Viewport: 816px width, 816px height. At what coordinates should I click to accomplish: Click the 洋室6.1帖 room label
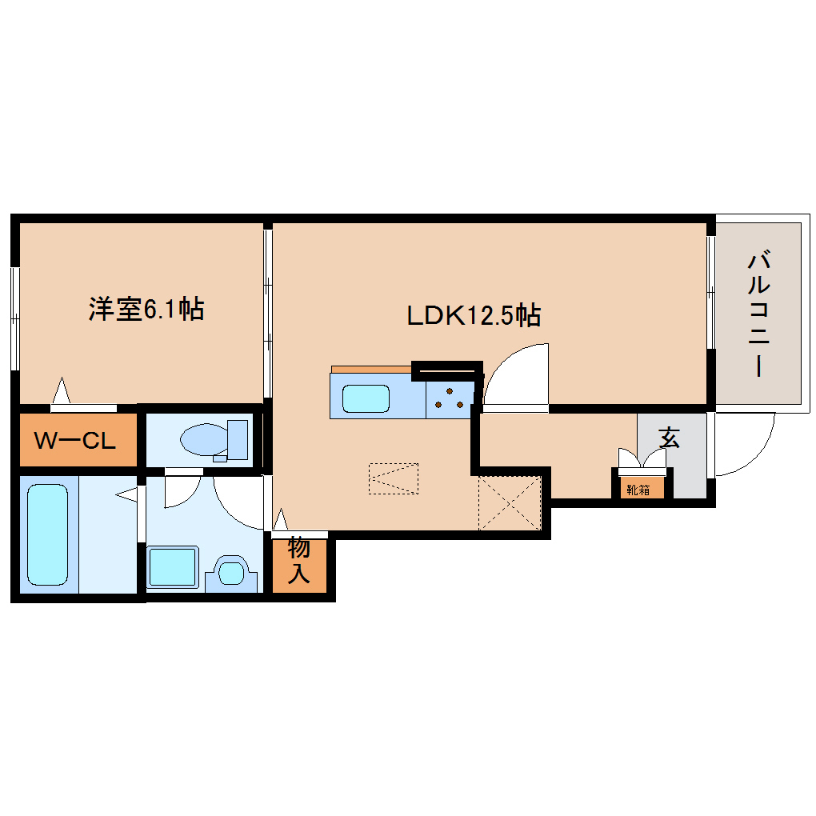146,309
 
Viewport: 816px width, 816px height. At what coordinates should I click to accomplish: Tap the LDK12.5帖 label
474,316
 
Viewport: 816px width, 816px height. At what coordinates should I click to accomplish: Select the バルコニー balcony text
758,314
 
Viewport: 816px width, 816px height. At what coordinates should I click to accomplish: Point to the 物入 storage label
298,560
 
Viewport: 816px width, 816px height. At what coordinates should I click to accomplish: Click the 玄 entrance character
669,438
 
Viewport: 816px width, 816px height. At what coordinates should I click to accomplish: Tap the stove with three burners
450,398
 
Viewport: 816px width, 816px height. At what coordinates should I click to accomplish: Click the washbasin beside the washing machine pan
232,573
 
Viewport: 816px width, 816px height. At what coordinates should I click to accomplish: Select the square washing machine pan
172,567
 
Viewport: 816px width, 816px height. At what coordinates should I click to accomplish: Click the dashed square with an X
510,502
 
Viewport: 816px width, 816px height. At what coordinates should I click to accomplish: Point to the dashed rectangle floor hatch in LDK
394,478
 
